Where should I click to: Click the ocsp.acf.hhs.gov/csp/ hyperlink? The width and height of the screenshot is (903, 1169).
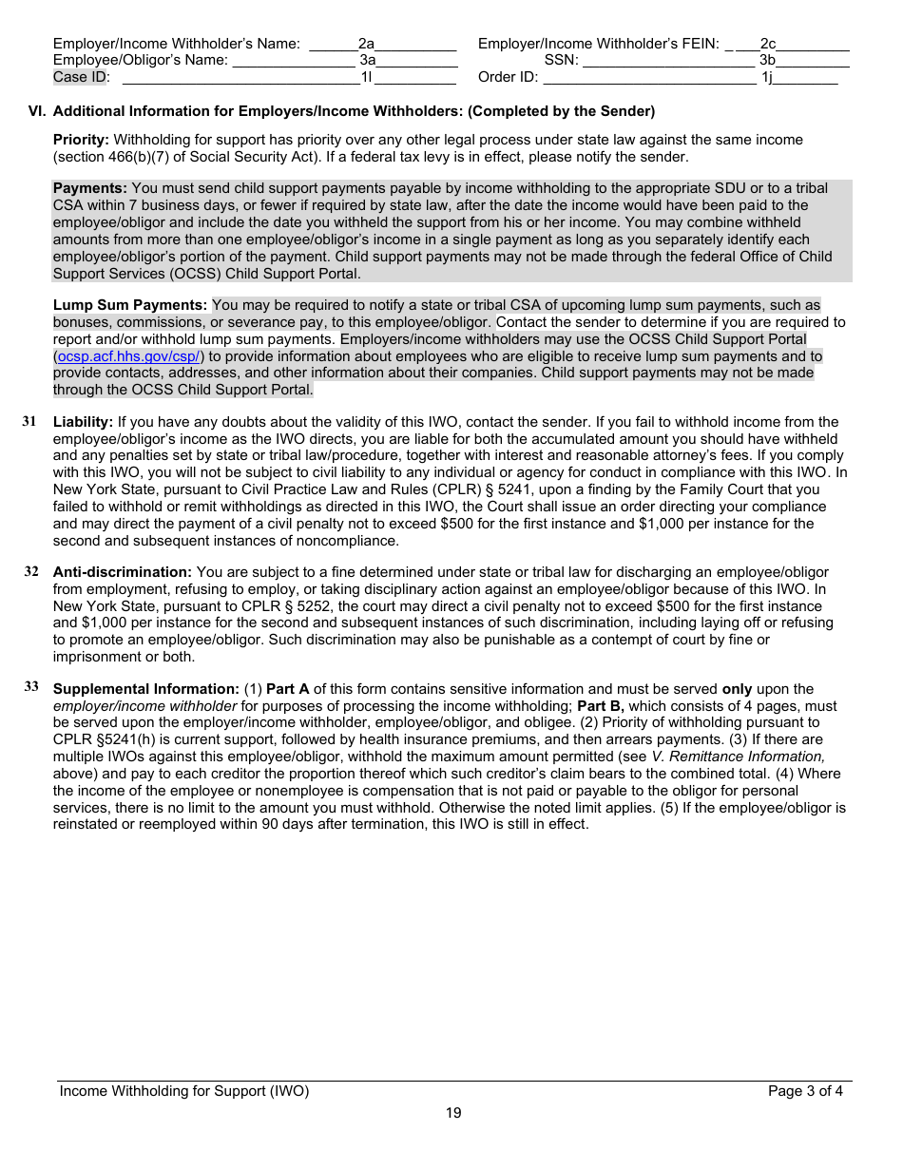click(128, 356)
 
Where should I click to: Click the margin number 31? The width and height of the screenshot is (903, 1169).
click(30, 421)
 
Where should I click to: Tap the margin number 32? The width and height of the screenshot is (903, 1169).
click(31, 571)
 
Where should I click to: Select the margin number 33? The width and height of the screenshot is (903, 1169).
click(31, 687)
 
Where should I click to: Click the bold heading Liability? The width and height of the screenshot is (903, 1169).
click(83, 422)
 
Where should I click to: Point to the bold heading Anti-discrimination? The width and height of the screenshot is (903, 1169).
click(123, 572)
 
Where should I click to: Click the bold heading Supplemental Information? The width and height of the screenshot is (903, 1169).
click(145, 689)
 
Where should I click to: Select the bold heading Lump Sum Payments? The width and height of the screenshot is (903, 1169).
click(130, 305)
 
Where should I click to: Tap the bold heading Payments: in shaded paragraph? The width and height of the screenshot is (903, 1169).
click(90, 188)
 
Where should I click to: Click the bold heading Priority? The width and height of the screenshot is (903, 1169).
click(81, 140)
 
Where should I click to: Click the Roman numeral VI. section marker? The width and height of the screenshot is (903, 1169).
click(37, 111)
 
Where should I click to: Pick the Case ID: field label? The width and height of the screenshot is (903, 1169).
click(82, 77)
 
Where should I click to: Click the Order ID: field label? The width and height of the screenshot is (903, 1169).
click(508, 77)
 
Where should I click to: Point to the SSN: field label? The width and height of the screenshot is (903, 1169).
click(561, 60)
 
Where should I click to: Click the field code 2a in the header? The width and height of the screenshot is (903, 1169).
click(367, 44)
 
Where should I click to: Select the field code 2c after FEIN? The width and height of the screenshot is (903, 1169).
click(768, 44)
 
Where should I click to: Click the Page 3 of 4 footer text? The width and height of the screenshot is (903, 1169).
click(805, 1091)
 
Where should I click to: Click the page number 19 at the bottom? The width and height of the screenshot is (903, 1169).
click(453, 1113)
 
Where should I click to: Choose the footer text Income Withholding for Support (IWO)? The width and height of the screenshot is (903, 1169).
click(184, 1091)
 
